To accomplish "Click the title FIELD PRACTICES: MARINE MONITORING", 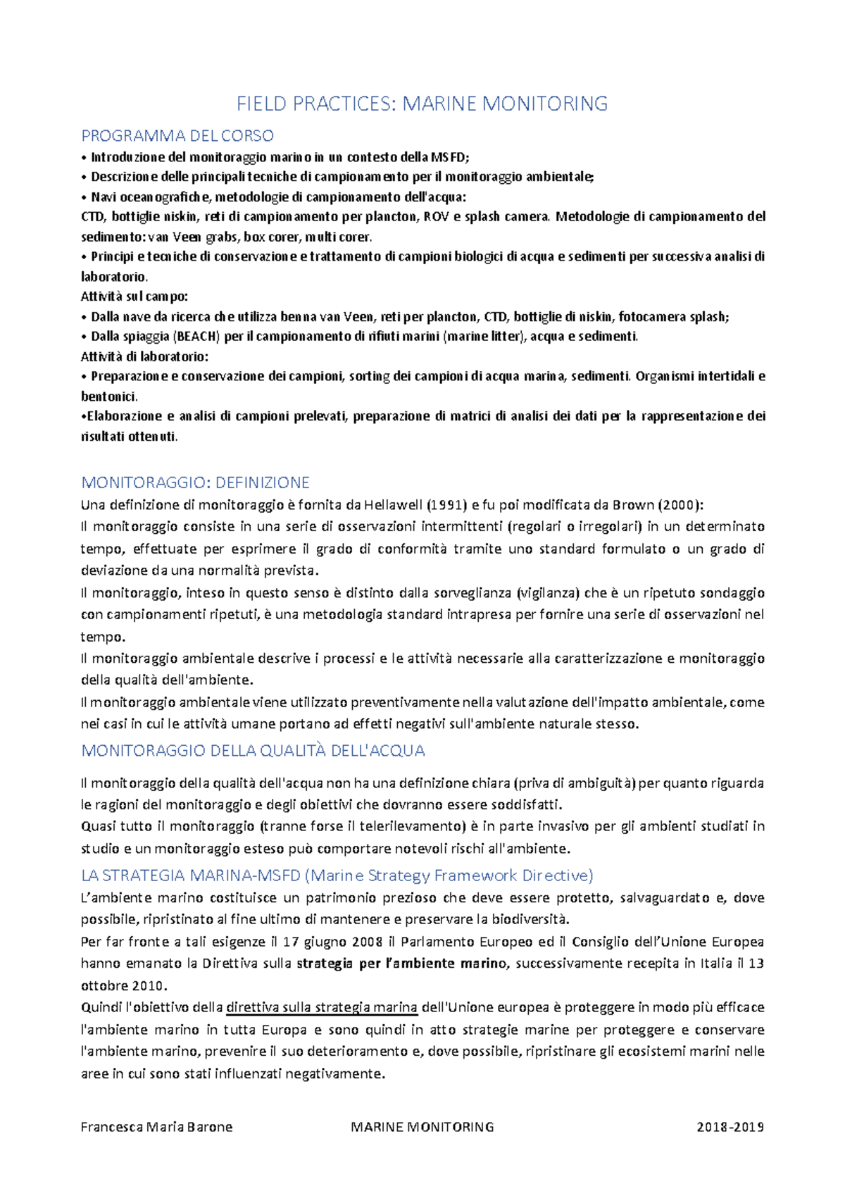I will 422,104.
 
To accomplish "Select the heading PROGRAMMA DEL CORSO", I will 177,135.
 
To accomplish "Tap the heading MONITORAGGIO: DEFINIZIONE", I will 195,482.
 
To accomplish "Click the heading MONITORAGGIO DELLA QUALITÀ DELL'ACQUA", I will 253,751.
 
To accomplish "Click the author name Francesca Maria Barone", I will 156,1126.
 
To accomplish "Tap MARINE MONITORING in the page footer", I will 422,1126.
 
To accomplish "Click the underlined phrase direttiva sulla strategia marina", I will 322,1007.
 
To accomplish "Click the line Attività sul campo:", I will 134,297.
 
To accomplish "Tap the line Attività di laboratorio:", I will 144,356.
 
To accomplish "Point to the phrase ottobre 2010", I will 123,985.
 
